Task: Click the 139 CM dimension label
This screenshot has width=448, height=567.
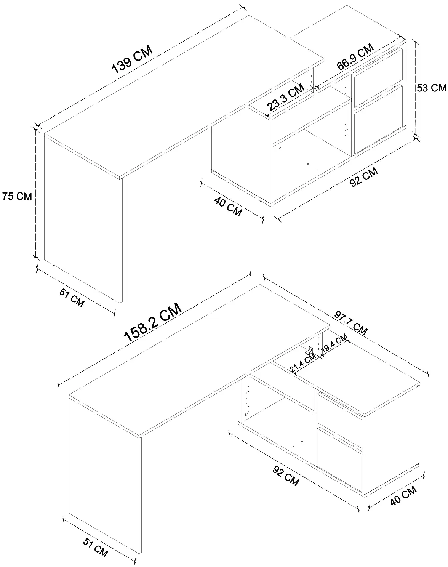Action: [133, 59]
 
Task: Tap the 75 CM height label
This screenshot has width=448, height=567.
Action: [17, 196]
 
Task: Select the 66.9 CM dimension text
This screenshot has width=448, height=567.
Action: [355, 56]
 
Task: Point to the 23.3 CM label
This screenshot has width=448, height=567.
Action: [286, 98]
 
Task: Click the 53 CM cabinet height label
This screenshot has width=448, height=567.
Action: [431, 88]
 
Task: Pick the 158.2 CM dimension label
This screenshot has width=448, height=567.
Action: [153, 322]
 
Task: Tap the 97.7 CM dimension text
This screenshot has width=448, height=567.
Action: [351, 323]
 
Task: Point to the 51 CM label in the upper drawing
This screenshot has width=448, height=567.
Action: [72, 298]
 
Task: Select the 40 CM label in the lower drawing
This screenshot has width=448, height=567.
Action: [403, 496]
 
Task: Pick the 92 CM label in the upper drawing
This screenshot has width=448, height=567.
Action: [364, 177]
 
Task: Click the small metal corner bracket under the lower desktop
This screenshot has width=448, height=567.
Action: [310, 351]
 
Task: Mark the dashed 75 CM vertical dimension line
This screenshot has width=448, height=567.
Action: [35, 192]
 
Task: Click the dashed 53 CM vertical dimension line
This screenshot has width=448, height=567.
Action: [416, 88]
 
